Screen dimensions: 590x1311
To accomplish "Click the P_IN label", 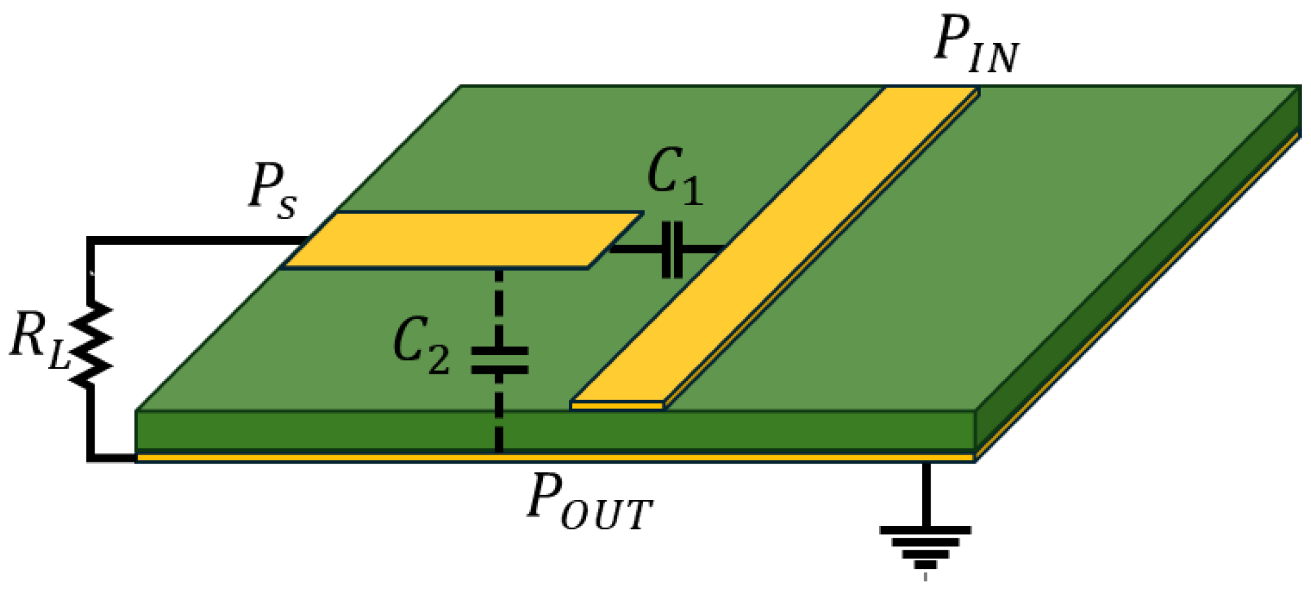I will [976, 44].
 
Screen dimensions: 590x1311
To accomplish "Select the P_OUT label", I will [589, 504].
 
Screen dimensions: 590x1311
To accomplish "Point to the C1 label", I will [675, 176].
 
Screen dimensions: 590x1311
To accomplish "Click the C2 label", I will [421, 345].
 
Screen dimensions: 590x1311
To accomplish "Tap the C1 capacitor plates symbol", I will [672, 249].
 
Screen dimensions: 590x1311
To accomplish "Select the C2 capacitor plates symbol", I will [499, 360].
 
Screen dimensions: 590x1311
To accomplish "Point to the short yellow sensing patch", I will [463, 239].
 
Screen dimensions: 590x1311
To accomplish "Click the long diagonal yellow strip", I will [774, 248].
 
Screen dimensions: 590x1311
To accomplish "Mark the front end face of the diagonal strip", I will [617, 405].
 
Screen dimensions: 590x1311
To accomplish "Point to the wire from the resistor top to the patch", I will [192, 240].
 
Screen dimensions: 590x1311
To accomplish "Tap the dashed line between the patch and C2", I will [499, 304].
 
